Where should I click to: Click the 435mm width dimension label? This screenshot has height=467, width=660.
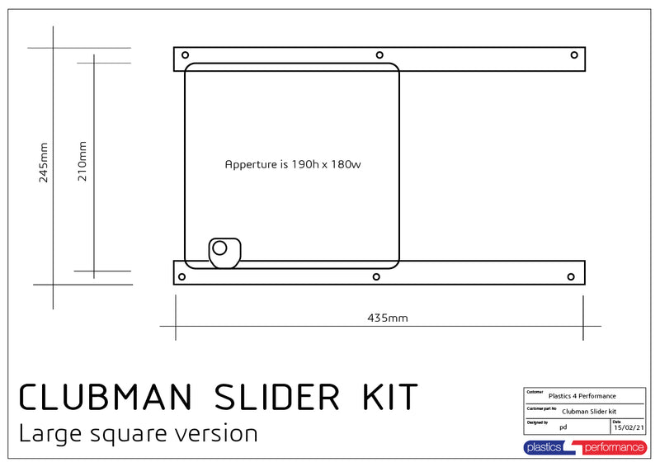coord(388,318)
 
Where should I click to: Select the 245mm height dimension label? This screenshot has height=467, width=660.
coord(44,163)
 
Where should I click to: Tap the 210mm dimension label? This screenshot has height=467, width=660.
coord(82,161)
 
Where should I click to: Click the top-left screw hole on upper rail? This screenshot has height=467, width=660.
coord(185,55)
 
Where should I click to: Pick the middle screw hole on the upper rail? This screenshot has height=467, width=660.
coord(379,55)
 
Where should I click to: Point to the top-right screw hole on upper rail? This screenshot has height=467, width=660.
coord(574,55)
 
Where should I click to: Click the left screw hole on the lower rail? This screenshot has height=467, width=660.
coord(181,276)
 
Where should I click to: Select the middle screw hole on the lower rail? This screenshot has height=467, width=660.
coord(376,276)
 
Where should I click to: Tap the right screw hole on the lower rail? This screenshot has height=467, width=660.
coord(571,276)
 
